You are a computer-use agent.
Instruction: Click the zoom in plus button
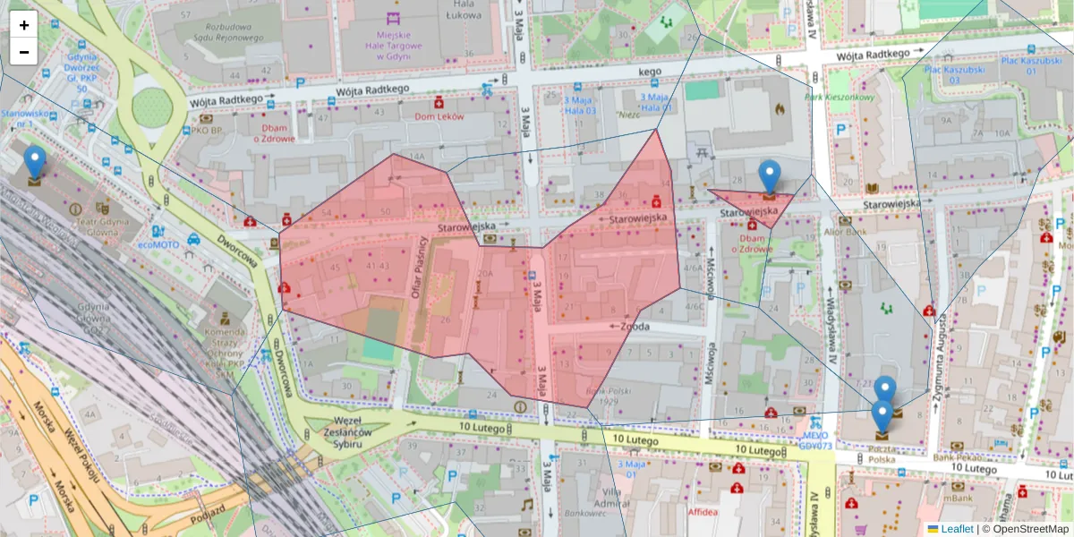pos(23,25)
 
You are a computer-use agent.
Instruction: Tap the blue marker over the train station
pos(35,164)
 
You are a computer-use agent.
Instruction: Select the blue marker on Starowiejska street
pos(769,176)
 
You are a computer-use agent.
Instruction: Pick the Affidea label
pos(703,513)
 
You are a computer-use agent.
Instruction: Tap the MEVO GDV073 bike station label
pos(814,439)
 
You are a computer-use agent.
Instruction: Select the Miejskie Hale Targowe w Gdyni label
pos(393,45)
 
